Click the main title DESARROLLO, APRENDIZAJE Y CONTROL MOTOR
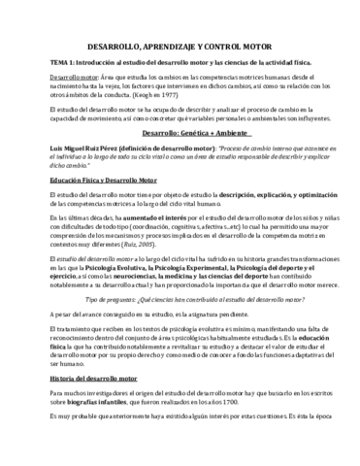coord(180,46)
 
